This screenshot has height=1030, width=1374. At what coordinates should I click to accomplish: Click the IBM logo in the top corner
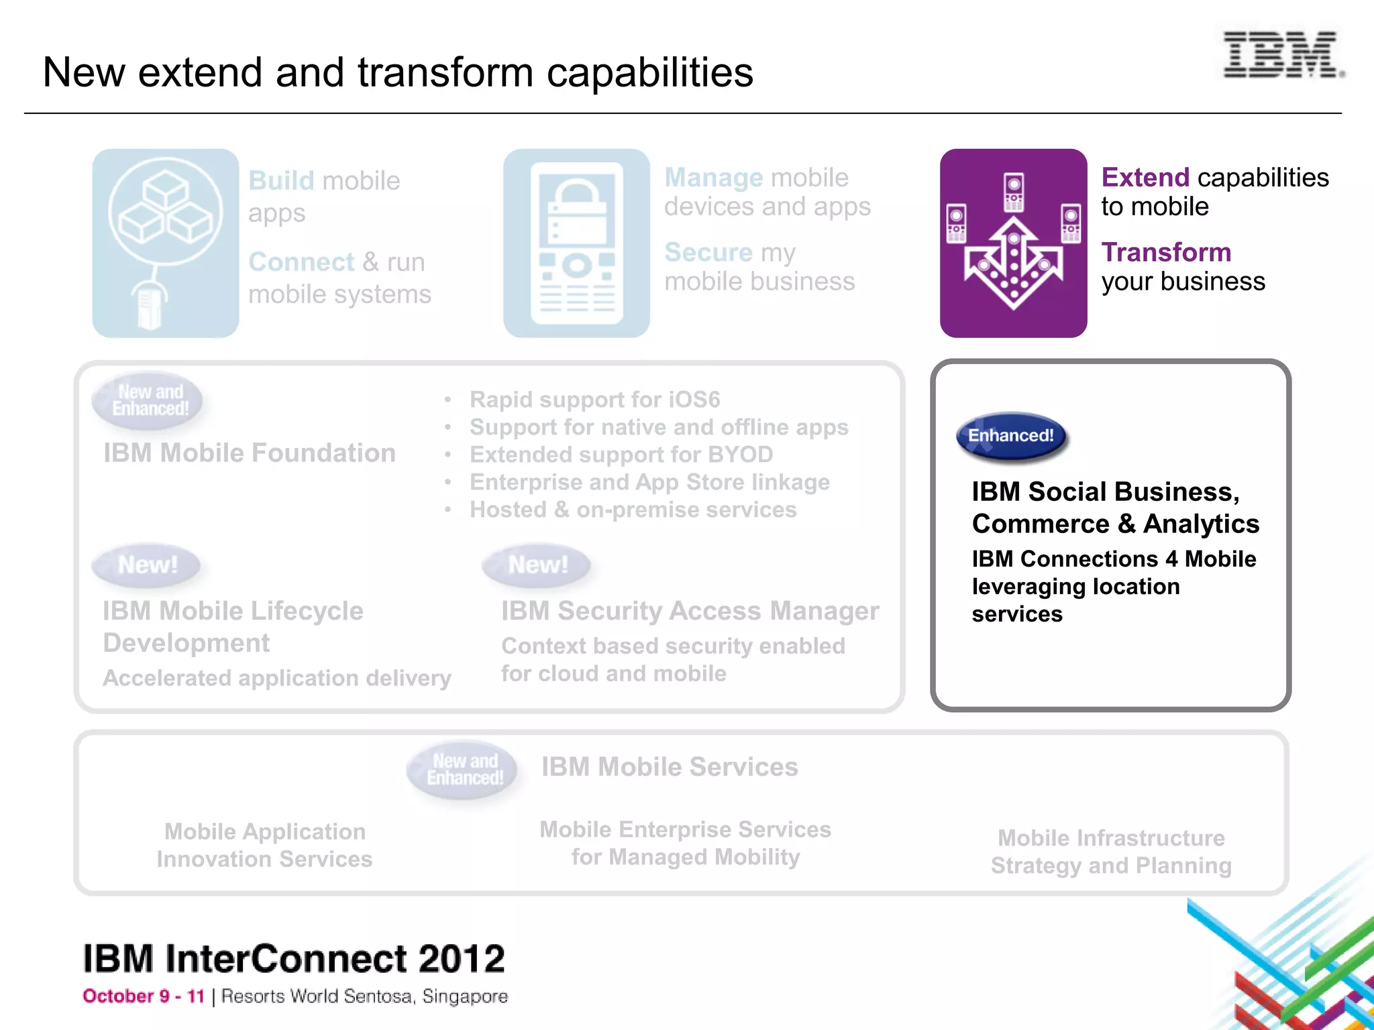1281,54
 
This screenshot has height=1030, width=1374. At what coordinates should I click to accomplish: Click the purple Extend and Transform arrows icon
1013,243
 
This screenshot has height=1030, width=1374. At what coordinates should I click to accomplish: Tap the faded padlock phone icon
576,243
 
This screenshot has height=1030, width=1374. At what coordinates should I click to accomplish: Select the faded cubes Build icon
166,243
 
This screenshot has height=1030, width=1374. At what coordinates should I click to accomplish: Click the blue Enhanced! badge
1011,436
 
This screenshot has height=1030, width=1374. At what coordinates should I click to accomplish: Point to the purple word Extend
1145,178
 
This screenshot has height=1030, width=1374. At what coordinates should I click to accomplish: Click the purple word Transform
1166,253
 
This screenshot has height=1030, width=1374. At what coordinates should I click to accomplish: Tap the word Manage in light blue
713,178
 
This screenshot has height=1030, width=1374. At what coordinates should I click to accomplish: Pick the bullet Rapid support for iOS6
594,400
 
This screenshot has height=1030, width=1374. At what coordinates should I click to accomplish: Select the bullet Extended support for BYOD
621,455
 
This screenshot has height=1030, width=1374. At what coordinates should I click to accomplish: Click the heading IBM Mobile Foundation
249,453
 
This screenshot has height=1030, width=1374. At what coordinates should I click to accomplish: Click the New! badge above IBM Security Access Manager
537,565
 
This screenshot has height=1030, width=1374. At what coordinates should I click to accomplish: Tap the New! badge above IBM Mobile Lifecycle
147,565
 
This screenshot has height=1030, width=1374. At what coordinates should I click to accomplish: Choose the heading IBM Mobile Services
670,766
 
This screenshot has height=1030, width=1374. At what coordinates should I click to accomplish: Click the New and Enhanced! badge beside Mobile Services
464,769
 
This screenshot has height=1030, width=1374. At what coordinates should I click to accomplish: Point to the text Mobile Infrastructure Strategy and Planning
1111,852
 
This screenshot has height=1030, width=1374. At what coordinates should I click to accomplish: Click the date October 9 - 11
143,996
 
